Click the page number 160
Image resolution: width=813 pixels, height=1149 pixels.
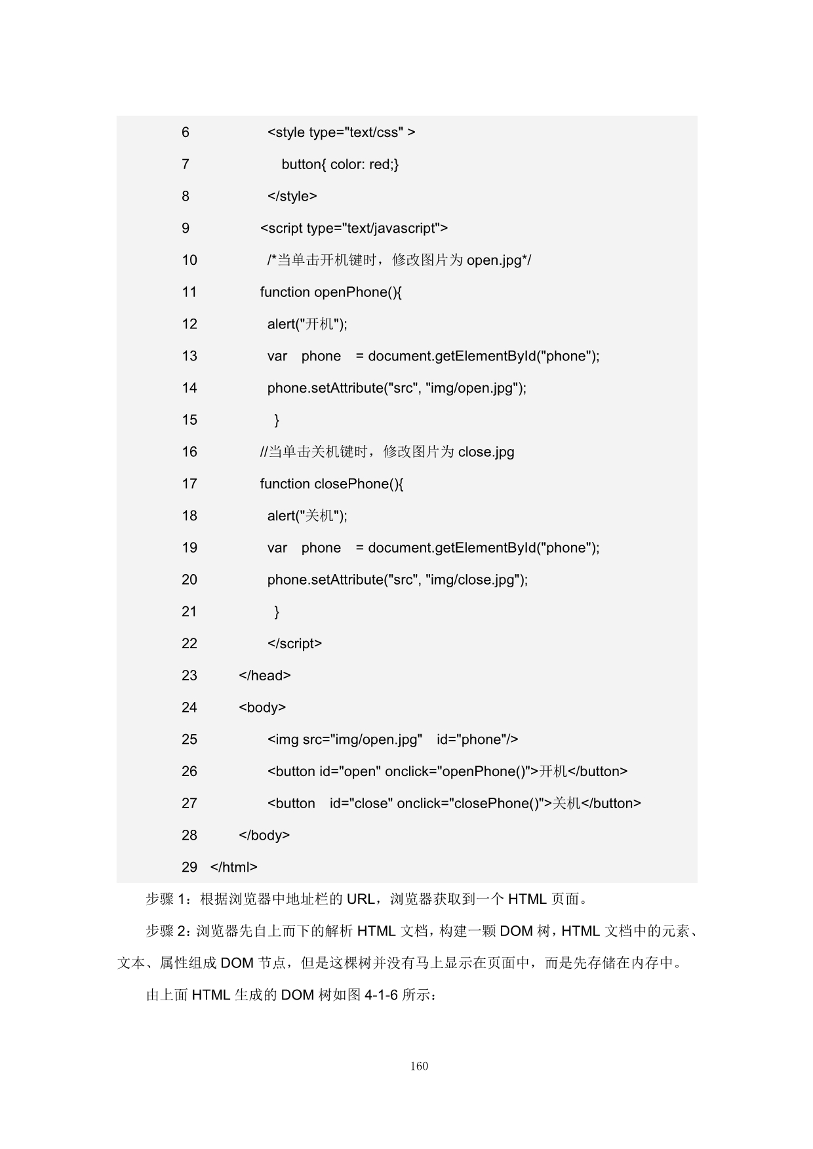[419, 1066]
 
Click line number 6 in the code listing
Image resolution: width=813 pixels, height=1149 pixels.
[186, 132]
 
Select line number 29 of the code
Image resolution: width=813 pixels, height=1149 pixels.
[189, 867]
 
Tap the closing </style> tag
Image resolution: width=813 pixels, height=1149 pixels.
[292, 196]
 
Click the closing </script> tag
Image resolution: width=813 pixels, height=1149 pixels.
[294, 644]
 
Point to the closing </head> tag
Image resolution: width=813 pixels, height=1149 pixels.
[265, 676]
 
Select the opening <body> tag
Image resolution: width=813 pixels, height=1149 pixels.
[262, 708]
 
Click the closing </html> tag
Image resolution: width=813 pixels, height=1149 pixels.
[233, 867]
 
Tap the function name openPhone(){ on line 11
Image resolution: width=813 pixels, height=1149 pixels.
[358, 292]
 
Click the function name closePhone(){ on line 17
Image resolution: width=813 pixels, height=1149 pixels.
[359, 484]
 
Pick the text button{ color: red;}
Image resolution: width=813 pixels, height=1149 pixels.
[340, 165]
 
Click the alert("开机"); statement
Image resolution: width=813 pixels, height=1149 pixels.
[307, 324]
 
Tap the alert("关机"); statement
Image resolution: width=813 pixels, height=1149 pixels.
[307, 516]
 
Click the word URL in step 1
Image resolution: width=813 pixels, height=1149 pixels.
[360, 899]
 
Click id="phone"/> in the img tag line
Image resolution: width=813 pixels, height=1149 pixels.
[477, 740]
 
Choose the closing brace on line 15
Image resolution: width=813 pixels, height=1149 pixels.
[277, 420]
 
